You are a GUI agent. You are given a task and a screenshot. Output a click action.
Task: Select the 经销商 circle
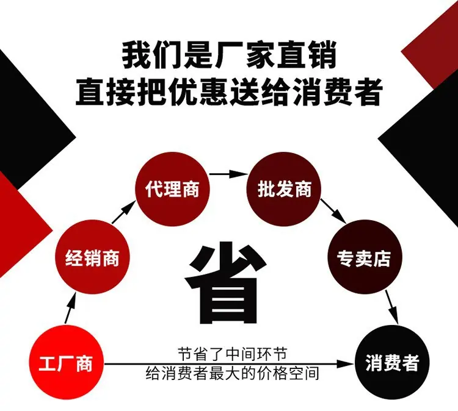[92, 257]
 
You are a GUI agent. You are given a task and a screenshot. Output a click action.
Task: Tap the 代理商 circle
[172, 189]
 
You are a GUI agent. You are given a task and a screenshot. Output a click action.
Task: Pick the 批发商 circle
[284, 189]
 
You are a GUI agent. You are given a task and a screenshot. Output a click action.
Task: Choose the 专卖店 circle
[365, 257]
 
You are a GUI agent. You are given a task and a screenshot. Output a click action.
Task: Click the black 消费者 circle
[391, 363]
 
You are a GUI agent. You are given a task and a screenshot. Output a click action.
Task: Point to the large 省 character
[225, 282]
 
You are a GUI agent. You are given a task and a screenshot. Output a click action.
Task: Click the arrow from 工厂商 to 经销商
[70, 309]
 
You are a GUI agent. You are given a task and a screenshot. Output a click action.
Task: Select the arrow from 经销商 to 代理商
[123, 212]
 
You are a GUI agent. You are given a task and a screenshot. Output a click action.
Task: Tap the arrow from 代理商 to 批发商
[228, 174]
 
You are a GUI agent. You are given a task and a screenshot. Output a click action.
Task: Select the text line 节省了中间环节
[232, 354]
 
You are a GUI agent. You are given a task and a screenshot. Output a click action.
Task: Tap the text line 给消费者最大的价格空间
[232, 373]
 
